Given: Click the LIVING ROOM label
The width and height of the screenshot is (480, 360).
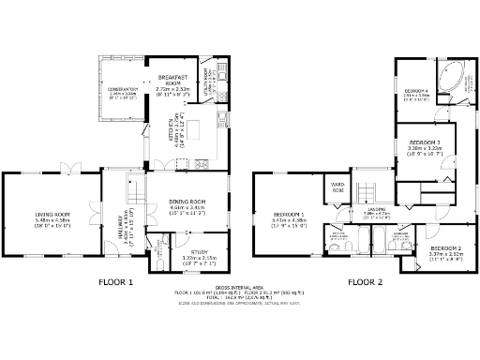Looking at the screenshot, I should [x=52, y=215].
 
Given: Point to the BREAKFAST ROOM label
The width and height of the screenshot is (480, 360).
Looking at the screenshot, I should [x=175, y=77].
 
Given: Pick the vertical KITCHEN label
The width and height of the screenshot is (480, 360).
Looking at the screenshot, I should [x=171, y=132].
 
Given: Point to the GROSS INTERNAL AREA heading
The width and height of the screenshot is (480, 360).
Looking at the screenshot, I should [x=239, y=288].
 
